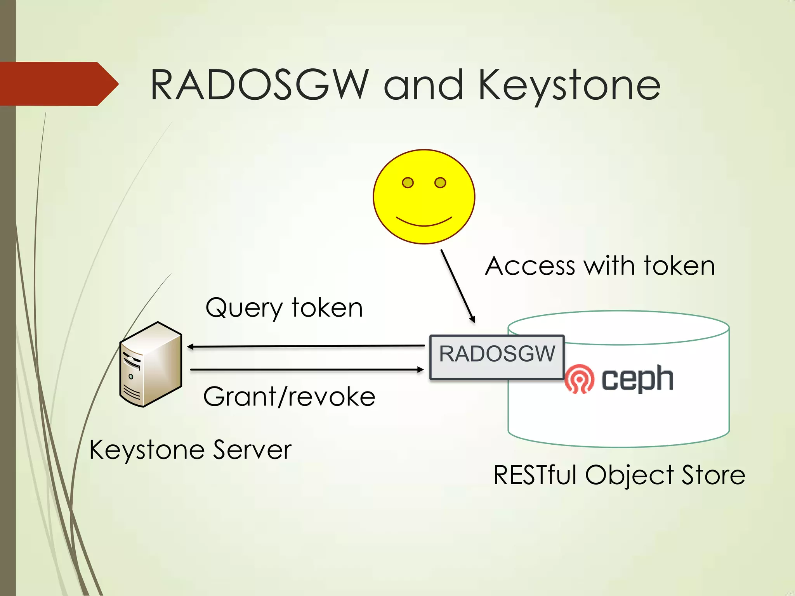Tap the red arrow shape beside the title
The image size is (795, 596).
pyautogui.click(x=58, y=84)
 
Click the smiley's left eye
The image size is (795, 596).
pyautogui.click(x=408, y=182)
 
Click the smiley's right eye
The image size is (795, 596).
pyautogui.click(x=440, y=182)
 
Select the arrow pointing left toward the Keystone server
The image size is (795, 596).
pyautogui.click(x=307, y=346)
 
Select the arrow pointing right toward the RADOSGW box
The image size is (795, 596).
pyautogui.click(x=307, y=370)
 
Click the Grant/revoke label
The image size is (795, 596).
pyautogui.click(x=289, y=397)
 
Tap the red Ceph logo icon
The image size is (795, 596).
pyautogui.click(x=579, y=379)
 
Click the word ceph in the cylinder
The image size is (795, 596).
pyautogui.click(x=637, y=379)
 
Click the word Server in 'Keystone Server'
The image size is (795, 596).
pyautogui.click(x=252, y=450)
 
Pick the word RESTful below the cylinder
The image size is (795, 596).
pyautogui.click(x=535, y=475)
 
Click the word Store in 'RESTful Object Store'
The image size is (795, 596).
pyautogui.click(x=713, y=475)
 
